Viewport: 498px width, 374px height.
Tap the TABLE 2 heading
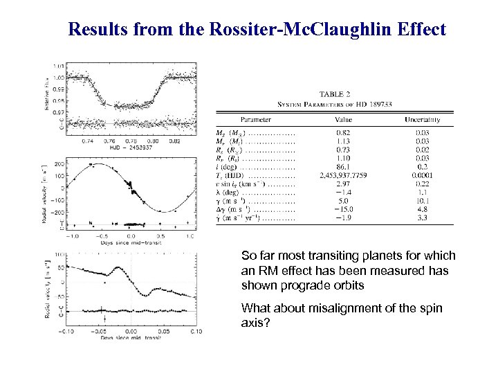pos(335,94)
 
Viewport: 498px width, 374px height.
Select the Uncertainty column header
pos(423,119)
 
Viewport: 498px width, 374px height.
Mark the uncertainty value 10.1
pos(423,199)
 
